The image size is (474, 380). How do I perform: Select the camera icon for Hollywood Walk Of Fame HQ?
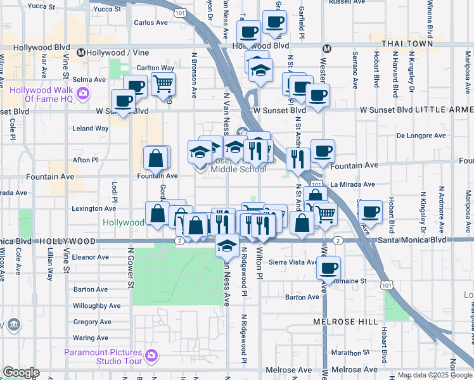click(83, 95)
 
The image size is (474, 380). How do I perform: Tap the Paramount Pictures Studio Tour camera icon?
click(151, 356)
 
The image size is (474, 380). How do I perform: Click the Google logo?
click(21, 372)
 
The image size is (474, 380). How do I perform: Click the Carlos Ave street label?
click(151, 23)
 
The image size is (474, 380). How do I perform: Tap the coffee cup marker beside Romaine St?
click(328, 268)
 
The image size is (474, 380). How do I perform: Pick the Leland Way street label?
click(91, 128)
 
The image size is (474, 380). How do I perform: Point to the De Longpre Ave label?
click(418, 135)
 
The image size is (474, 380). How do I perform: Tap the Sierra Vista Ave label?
click(293, 262)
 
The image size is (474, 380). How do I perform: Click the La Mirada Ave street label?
click(353, 184)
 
